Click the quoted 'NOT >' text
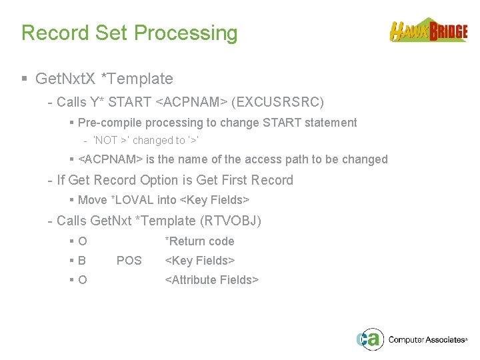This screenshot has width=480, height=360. pyautogui.click(x=113, y=141)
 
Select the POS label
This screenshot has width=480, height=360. pyautogui.click(x=129, y=261)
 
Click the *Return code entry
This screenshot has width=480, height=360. pyautogui.click(x=199, y=241)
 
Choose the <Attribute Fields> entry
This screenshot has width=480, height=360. pyautogui.click(x=211, y=280)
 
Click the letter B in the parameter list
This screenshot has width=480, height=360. pyautogui.click(x=82, y=261)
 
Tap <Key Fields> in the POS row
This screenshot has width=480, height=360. pyautogui.click(x=199, y=261)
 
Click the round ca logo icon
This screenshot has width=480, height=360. pyautogui.click(x=369, y=339)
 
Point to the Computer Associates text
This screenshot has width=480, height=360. pyautogui.click(x=427, y=340)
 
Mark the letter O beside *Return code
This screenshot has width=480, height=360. pyautogui.click(x=82, y=241)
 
